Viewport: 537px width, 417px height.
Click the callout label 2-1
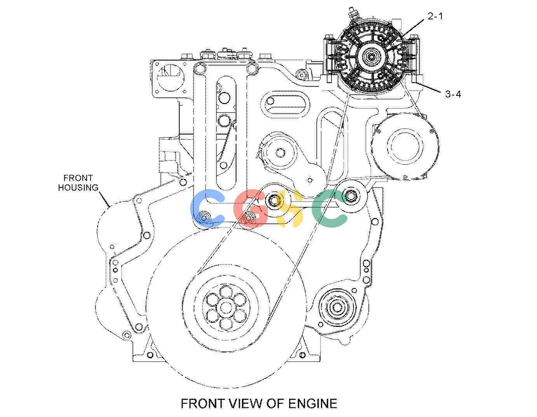[435, 16]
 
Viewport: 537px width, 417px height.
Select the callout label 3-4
[453, 94]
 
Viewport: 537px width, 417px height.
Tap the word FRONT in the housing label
[78, 178]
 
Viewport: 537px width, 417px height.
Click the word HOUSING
[78, 188]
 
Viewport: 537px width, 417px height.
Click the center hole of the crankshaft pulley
[226, 308]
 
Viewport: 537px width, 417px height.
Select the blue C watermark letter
[207, 208]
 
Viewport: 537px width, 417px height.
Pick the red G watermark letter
[250, 208]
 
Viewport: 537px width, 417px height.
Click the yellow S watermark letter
[289, 208]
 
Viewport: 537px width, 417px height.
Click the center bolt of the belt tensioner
[280, 153]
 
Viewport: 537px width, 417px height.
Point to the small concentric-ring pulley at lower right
[337, 308]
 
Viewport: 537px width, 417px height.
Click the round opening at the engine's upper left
[171, 77]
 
